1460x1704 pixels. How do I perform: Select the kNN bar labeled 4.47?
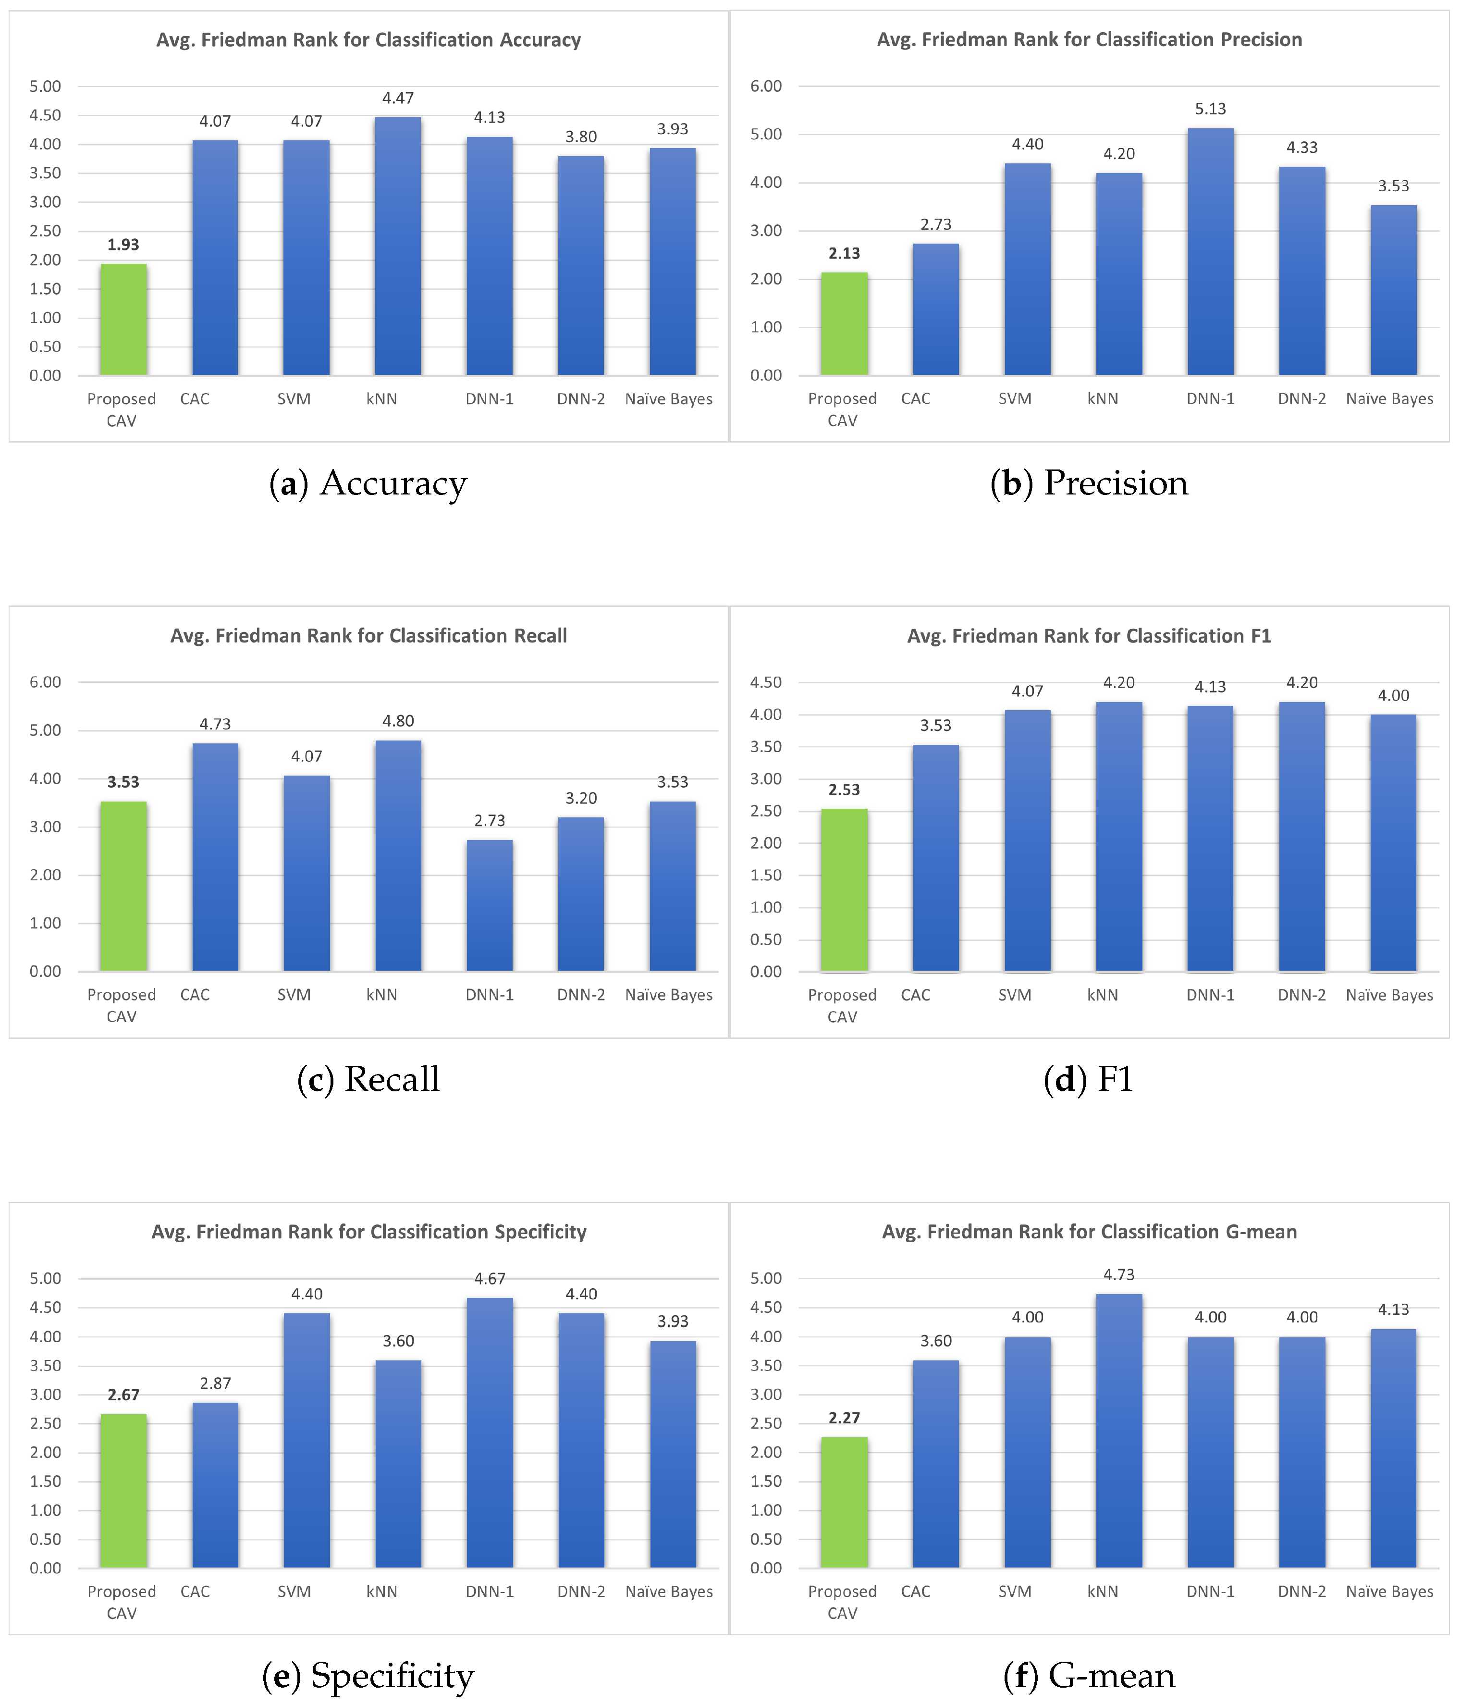click(x=398, y=247)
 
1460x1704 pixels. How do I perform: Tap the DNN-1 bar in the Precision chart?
click(x=1210, y=252)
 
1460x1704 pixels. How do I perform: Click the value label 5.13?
click(x=1210, y=109)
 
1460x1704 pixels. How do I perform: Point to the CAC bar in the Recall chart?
click(x=215, y=857)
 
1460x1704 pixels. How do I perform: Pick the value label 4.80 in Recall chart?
click(x=398, y=720)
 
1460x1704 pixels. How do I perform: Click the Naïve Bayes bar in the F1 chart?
click(x=1393, y=843)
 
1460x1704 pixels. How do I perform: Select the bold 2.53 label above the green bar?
click(x=844, y=790)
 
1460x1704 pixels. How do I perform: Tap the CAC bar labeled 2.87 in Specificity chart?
click(x=215, y=1485)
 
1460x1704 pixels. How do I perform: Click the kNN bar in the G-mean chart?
click(x=1119, y=1431)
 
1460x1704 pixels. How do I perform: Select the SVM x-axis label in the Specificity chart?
click(x=294, y=1592)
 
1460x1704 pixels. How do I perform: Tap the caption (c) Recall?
click(x=368, y=1079)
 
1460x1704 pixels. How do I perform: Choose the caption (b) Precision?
click(x=1089, y=483)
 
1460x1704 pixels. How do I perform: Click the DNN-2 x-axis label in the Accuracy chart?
click(x=580, y=399)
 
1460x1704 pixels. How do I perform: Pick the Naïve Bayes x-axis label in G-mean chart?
click(x=1389, y=1592)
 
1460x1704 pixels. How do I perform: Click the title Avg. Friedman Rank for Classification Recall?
click(x=368, y=636)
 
